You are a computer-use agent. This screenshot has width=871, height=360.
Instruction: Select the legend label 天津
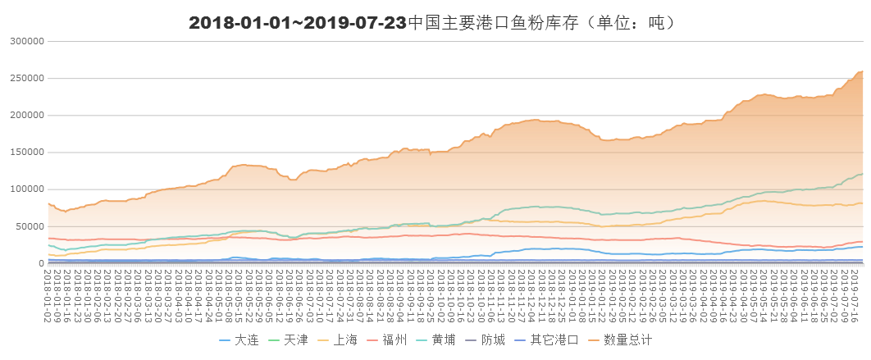pyautogui.click(x=296, y=339)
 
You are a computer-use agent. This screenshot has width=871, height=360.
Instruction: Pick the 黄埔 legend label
pyautogui.click(x=445, y=339)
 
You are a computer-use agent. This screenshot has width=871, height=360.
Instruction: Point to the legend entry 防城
pyautogui.click(x=495, y=339)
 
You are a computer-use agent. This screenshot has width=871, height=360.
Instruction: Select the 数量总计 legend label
pyautogui.click(x=627, y=339)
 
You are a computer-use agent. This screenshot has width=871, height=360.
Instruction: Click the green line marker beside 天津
pyautogui.click(x=273, y=339)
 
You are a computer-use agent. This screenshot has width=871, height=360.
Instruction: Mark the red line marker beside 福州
pyautogui.click(x=373, y=339)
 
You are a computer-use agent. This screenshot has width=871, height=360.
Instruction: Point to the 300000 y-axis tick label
pyautogui.click(x=26, y=41)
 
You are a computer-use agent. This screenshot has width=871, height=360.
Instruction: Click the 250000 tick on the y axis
pyautogui.click(x=26, y=78)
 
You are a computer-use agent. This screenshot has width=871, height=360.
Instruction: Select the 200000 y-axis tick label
pyautogui.click(x=26, y=115)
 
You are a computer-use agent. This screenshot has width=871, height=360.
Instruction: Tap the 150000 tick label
pyautogui.click(x=26, y=152)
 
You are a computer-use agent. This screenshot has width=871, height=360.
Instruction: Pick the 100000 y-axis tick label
pyautogui.click(x=26, y=189)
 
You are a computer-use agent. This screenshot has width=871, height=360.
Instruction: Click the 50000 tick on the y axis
pyautogui.click(x=29, y=226)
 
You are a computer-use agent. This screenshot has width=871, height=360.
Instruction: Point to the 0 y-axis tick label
pyautogui.click(x=41, y=263)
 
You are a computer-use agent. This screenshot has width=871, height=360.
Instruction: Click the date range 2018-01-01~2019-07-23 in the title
pyautogui.click(x=297, y=23)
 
